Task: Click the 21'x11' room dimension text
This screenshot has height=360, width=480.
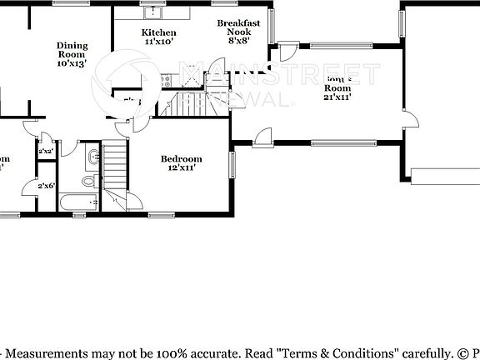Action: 337,96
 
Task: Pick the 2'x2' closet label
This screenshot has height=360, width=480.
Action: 45,151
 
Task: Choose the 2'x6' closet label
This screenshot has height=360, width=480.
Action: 45,186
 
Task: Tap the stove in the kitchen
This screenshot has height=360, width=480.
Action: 167,81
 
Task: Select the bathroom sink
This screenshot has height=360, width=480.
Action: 89,158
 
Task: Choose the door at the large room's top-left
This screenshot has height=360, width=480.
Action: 288,52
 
